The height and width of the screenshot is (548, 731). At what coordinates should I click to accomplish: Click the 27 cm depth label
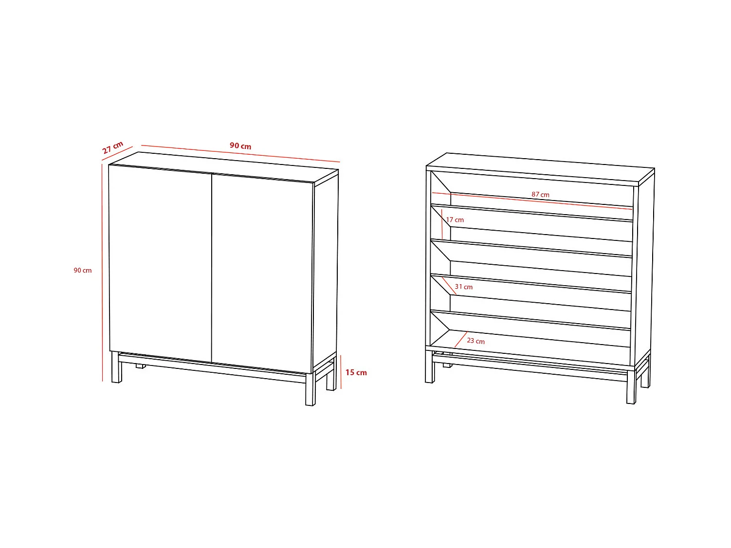tap(113, 147)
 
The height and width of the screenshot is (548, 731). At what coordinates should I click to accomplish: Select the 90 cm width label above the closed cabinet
tap(240, 146)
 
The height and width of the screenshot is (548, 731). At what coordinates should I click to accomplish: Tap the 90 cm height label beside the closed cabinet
tap(83, 271)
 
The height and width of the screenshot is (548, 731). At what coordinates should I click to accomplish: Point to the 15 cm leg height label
tap(356, 372)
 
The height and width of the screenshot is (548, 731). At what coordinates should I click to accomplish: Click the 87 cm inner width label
tap(540, 195)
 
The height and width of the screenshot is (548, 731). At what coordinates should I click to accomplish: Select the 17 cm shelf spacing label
tap(455, 220)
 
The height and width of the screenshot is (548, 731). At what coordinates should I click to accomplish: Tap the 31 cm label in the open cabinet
tap(464, 287)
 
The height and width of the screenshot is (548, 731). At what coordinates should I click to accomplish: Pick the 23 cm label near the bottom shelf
tap(475, 341)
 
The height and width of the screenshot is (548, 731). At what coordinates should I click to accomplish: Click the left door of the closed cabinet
tap(161, 263)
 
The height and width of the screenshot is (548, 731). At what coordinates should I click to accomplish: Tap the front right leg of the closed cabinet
tap(311, 389)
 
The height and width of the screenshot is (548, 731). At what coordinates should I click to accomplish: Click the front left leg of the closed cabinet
tap(116, 368)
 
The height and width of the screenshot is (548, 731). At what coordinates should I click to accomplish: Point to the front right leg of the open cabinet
tap(631, 387)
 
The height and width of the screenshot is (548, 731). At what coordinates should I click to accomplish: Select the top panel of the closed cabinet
tap(224, 164)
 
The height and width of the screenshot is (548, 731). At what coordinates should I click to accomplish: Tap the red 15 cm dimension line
tap(341, 372)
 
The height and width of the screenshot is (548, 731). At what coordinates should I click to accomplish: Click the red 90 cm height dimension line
tap(102, 273)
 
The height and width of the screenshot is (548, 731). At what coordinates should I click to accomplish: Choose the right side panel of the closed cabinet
tap(325, 273)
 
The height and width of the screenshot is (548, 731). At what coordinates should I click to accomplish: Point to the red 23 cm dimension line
tap(460, 340)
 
